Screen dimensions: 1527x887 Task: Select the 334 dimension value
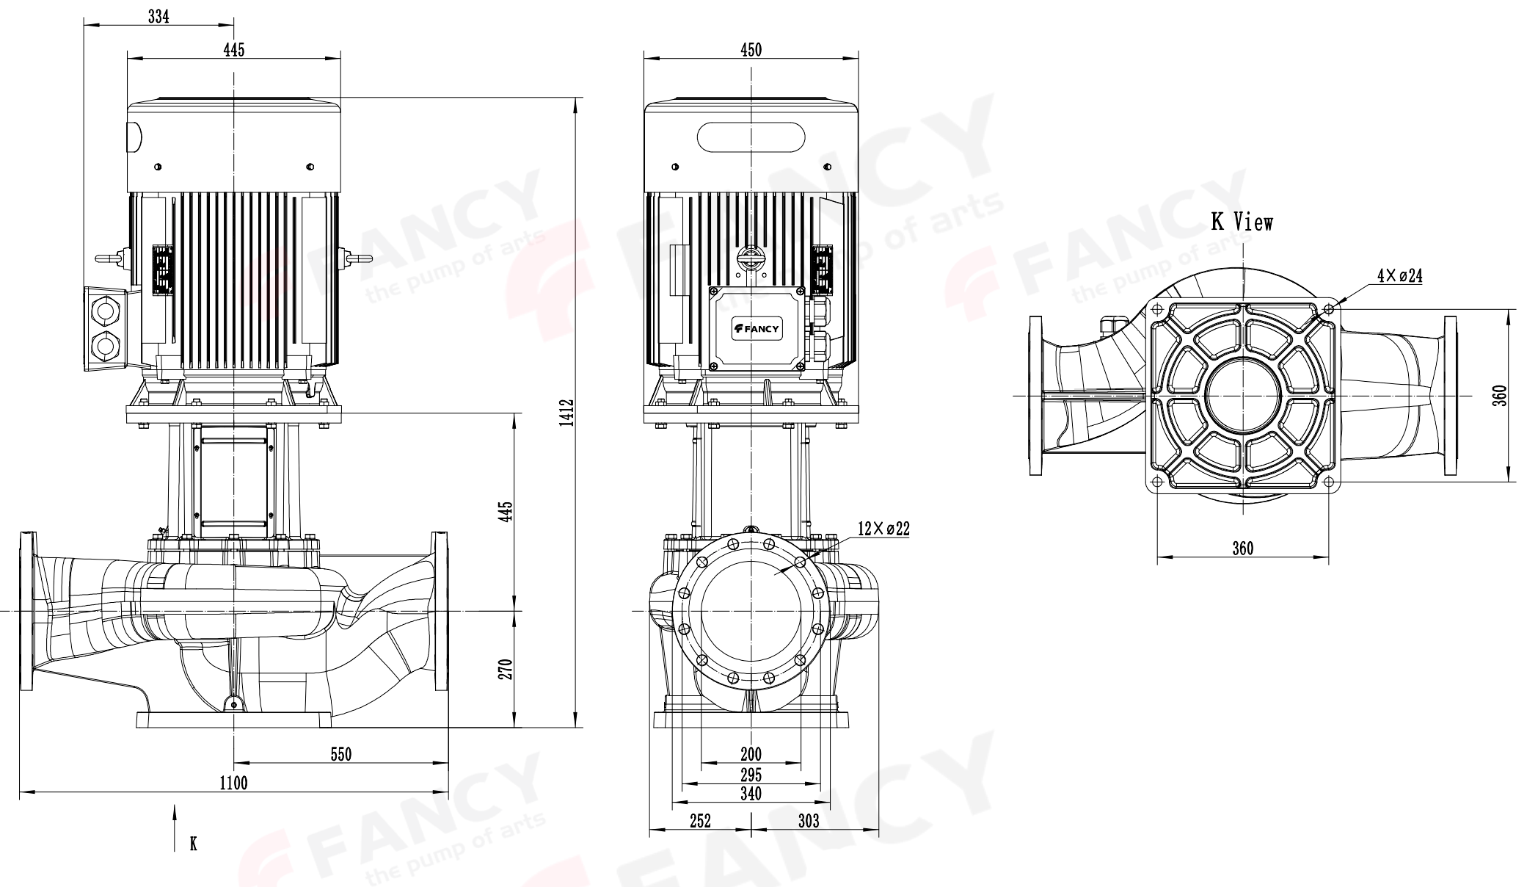tap(158, 16)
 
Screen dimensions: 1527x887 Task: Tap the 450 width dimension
tap(751, 50)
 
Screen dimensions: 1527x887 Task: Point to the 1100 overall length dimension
tap(233, 783)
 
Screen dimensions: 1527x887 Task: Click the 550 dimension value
tap(340, 754)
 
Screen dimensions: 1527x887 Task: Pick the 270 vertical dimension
tap(506, 668)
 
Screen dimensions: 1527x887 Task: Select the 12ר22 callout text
tap(883, 529)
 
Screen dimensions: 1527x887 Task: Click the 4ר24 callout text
tap(1400, 276)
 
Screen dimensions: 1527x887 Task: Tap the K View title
tap(1242, 222)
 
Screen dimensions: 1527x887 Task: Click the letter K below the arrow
tap(194, 843)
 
